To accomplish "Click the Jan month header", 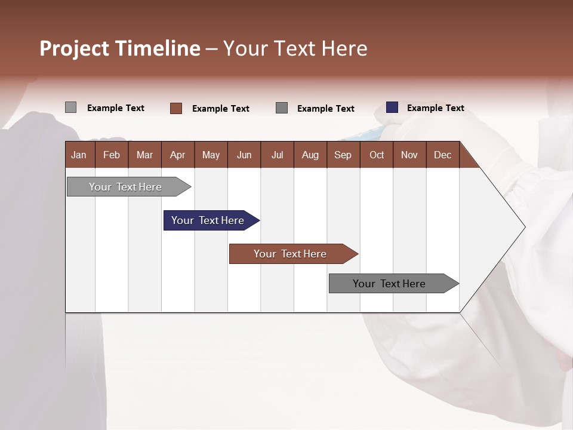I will tap(79, 155).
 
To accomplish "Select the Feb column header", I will tap(112, 155).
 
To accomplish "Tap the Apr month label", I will tap(177, 155).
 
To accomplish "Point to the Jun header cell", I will tap(244, 155).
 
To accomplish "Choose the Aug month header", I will tap(310, 155).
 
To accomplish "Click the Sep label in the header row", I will tap(343, 155).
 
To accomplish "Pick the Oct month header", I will tap(377, 155).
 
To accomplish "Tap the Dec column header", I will tap(442, 155).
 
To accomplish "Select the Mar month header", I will tap(144, 155).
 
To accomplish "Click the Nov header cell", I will tap(409, 155).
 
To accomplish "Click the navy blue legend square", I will tap(392, 107).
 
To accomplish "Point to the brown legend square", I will tap(176, 108).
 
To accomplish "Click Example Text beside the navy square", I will tap(435, 108).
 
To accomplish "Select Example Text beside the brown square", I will tap(220, 109).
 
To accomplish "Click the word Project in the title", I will tap(75, 48).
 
